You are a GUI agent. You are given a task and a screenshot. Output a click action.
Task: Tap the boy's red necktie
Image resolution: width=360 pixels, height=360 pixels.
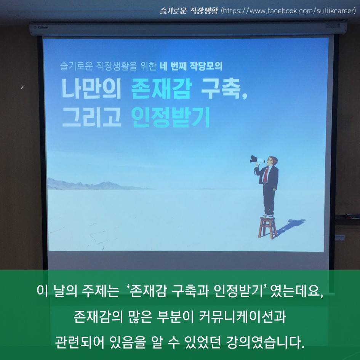tap(266, 174)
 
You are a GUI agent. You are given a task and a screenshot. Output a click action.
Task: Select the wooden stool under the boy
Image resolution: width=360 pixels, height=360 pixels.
tap(267, 227)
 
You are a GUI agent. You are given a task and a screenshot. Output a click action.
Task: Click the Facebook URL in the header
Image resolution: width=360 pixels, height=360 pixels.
tap(288, 11)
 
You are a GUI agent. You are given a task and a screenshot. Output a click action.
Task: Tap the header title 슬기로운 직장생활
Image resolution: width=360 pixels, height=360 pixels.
tap(189, 11)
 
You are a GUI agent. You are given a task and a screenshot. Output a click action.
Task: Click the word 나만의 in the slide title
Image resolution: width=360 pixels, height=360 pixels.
tap(91, 89)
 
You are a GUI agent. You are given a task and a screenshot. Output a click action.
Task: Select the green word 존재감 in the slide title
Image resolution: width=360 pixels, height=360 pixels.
tap(161, 89)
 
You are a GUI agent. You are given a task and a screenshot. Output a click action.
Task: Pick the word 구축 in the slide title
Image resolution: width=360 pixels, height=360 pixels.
tap(221, 89)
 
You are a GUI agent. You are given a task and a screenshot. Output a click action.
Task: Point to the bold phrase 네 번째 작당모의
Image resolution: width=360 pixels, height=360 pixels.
tap(191, 66)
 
